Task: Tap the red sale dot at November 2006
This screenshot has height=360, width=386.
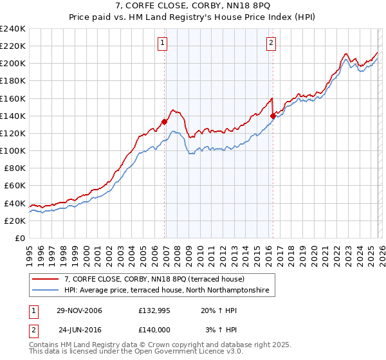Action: (x=165, y=121)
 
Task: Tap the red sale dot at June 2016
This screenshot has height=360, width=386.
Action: (x=273, y=116)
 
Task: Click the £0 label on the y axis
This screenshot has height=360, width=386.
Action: (x=19, y=238)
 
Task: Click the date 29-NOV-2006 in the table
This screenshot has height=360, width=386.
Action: (x=79, y=310)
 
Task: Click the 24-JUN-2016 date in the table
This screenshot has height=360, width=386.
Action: (x=79, y=330)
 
